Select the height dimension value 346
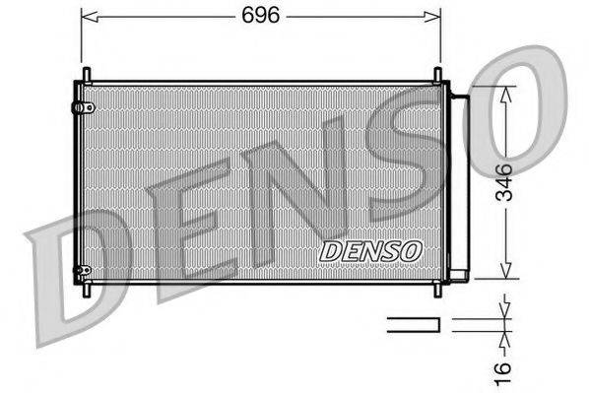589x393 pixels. (503, 183)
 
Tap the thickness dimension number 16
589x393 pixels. (503, 370)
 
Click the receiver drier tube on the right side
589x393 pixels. (459, 182)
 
